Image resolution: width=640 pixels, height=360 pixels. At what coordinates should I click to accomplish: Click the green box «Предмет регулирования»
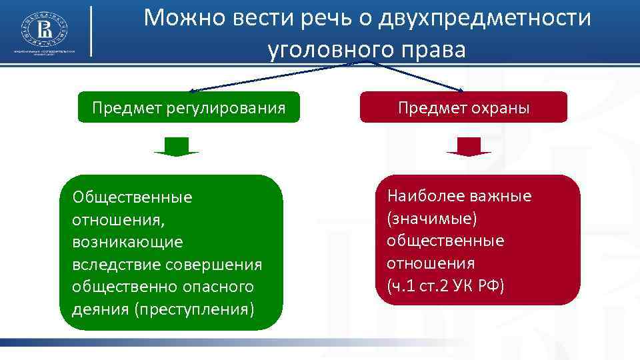[x=189, y=107]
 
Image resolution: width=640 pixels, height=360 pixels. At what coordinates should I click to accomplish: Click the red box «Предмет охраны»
[x=463, y=107]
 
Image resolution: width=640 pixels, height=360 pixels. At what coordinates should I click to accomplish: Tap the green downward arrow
[x=177, y=147]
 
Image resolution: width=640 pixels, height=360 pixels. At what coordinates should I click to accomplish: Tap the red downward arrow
[x=469, y=147]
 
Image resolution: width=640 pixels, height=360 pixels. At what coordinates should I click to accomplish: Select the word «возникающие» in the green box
[x=127, y=242]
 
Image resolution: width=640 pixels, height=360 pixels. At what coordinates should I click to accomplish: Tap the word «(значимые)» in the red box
[x=431, y=218]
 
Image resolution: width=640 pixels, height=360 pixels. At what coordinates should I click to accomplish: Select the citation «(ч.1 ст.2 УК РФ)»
[x=445, y=285]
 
